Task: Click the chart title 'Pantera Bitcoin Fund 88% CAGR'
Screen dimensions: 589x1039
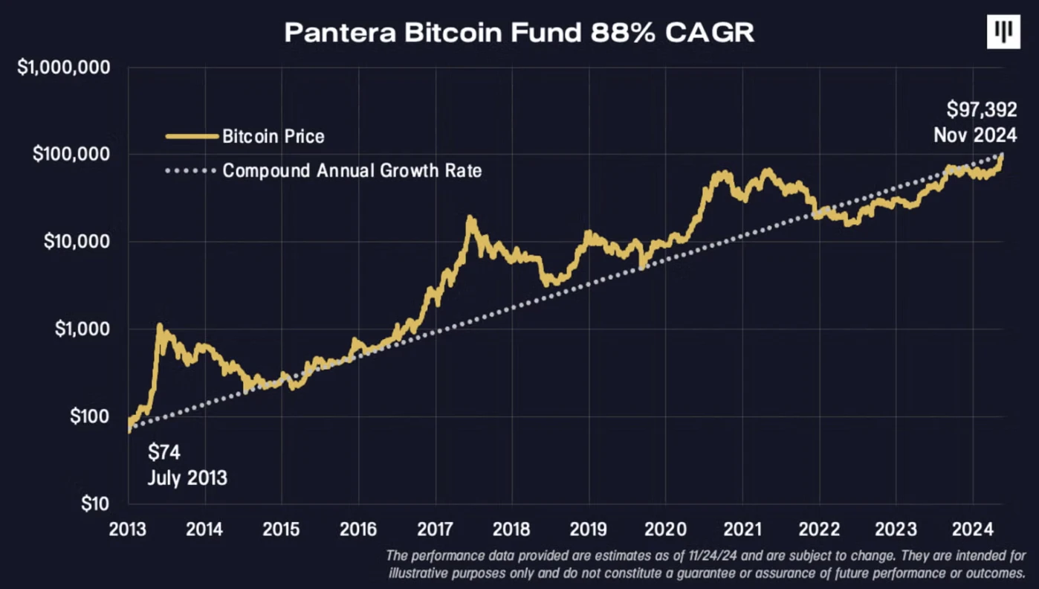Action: click(x=519, y=33)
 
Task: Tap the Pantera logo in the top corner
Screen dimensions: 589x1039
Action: click(x=1003, y=32)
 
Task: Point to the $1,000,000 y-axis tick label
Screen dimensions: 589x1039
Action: click(x=64, y=68)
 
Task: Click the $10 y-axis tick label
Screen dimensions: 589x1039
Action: click(x=94, y=503)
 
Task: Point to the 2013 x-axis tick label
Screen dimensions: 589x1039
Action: click(x=128, y=530)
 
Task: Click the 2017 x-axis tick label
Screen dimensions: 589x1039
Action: click(x=436, y=530)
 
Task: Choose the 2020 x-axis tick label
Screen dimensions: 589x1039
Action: click(x=666, y=530)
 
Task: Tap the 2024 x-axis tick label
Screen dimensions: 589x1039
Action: click(x=973, y=530)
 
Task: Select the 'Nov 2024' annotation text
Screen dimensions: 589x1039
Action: click(x=975, y=135)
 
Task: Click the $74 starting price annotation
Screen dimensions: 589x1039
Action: click(x=164, y=451)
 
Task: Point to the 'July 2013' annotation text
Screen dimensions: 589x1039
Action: click(x=187, y=477)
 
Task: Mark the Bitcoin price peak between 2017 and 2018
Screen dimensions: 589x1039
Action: click(x=470, y=218)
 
